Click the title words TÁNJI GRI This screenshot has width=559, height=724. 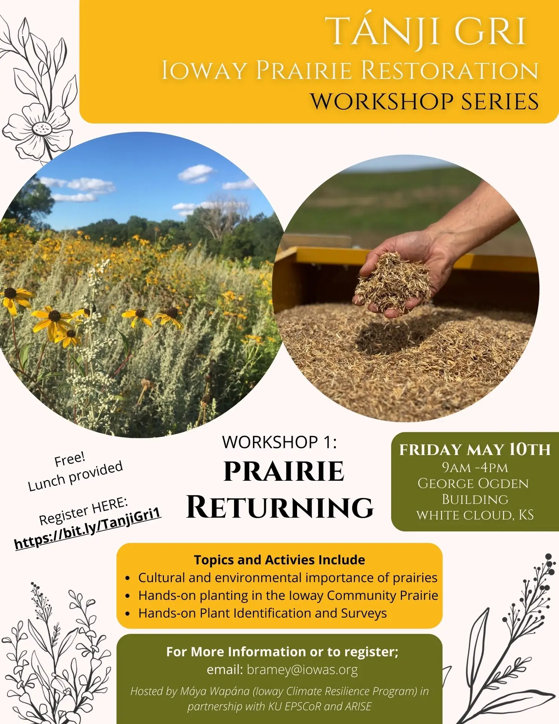pos(428,32)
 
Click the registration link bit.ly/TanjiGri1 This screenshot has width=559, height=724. pos(88,528)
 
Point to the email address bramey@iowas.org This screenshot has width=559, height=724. pos(302,669)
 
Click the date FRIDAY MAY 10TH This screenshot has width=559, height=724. pos(475,449)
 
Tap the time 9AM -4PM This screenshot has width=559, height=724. pos(475,468)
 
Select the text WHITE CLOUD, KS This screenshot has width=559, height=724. pos(475,515)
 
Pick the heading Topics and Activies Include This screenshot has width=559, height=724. pos(279,560)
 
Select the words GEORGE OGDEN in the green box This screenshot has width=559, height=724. pos(473,483)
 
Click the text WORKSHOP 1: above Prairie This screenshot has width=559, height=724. pos(279,442)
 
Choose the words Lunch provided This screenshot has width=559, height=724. pos(75,476)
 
